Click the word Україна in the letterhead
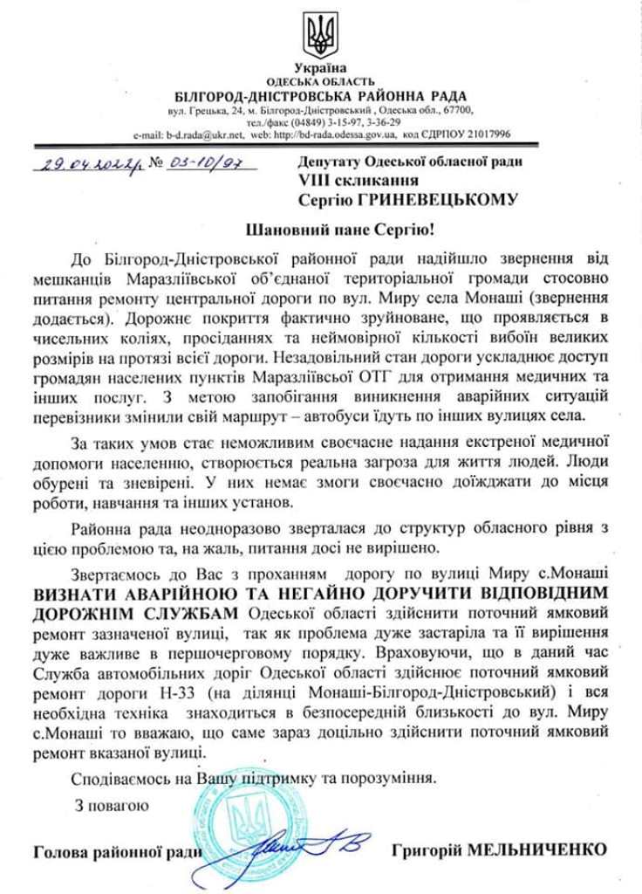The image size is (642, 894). coord(320,68)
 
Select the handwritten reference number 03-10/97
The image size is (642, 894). coord(195,162)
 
